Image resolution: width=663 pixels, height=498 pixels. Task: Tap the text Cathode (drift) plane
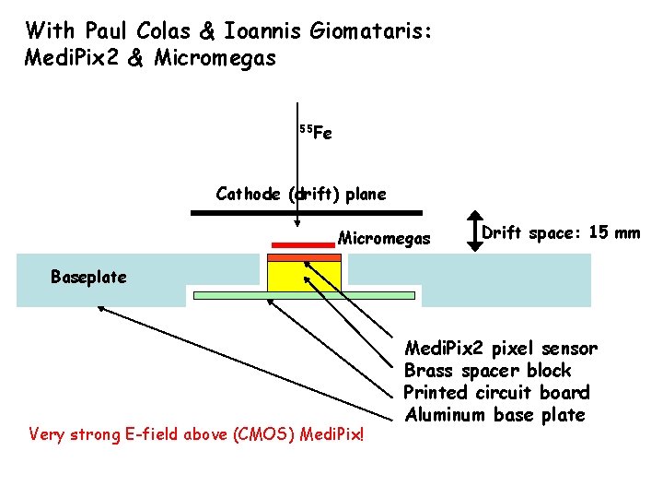pos(301,195)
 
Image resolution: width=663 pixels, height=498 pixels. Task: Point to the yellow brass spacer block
pos(304,275)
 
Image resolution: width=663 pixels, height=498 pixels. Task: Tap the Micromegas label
pos(384,239)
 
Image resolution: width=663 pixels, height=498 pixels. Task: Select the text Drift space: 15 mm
pos(561,232)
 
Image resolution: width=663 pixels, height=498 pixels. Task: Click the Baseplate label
pos(88,277)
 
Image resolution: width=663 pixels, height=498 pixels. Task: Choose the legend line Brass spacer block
pos(488,371)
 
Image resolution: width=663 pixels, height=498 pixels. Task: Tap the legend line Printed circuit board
pos(496,393)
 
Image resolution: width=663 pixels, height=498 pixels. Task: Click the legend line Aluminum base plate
pos(495,415)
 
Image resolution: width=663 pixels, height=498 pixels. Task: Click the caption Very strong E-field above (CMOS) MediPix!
pos(197,433)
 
